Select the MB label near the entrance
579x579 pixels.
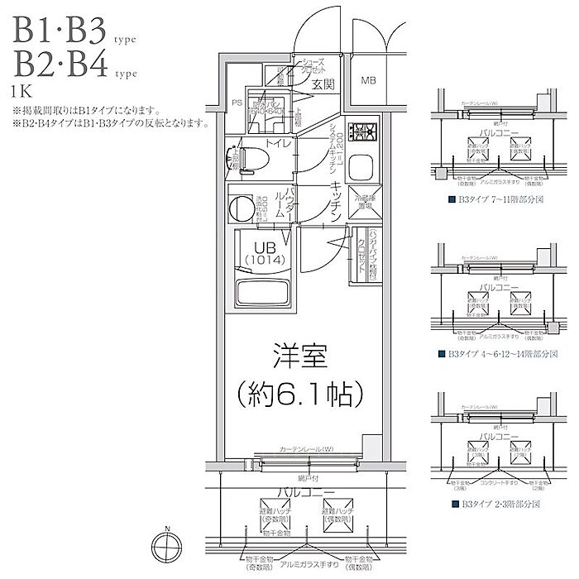click(368, 81)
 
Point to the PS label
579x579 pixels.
click(237, 104)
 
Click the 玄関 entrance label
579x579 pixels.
click(323, 84)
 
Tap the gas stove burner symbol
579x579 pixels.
click(361, 132)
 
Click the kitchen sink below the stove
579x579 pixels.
click(361, 170)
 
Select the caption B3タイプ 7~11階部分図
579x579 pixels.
click(493, 200)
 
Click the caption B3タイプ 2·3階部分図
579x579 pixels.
click(493, 503)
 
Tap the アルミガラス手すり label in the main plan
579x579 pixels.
click(299, 563)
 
